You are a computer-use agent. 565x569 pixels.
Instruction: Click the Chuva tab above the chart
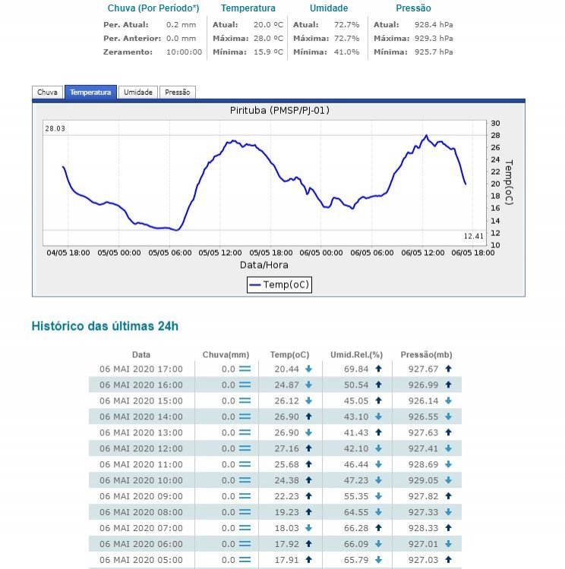(x=47, y=93)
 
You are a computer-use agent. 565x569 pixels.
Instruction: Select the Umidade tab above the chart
(x=138, y=93)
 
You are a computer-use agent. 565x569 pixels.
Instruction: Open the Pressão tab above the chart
(x=178, y=93)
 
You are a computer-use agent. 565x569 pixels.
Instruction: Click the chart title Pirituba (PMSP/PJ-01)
(x=279, y=111)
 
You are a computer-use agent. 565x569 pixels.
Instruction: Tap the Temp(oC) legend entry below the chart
(x=279, y=284)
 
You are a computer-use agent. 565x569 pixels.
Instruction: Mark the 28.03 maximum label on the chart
(x=55, y=129)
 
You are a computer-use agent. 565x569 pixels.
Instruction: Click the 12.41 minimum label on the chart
(x=474, y=236)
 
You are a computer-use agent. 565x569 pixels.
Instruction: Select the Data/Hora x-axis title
(x=264, y=265)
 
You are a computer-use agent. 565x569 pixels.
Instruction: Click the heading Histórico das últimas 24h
(x=105, y=326)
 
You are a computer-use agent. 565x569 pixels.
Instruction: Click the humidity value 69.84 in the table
(x=355, y=369)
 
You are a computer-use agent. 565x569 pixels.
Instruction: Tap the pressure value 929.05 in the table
(x=424, y=480)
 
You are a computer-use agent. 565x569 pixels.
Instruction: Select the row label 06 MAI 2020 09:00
(x=141, y=496)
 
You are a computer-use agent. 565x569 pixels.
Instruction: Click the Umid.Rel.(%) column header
(x=356, y=354)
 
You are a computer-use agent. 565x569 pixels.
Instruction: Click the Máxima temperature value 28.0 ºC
(x=268, y=38)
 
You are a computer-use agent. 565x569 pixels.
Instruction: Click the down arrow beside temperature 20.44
(x=308, y=369)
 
